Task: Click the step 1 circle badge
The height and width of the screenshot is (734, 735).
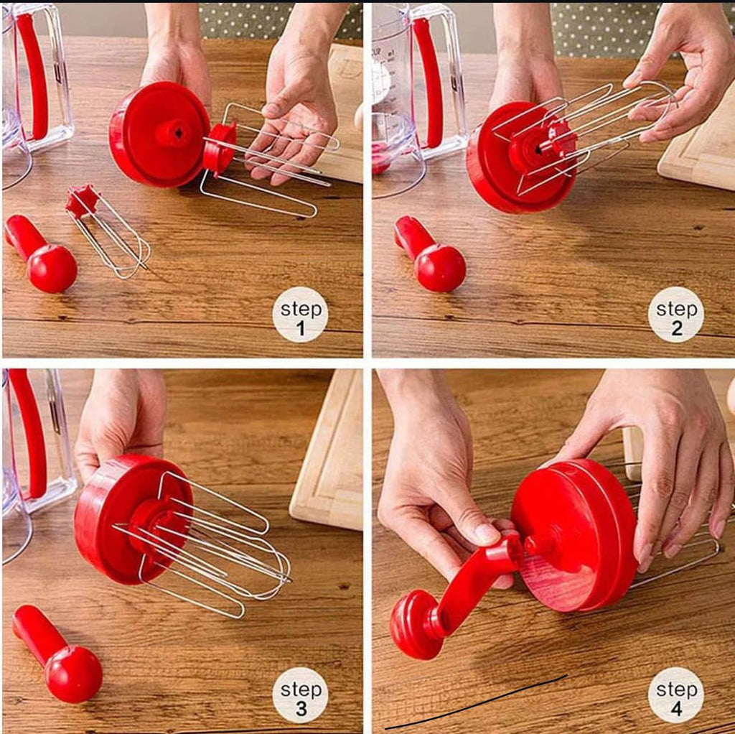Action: coord(300,315)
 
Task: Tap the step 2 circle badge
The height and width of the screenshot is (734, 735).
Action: coord(676,315)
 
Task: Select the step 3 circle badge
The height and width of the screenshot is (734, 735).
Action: coord(300,694)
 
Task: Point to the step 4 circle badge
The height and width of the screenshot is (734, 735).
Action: coord(676,694)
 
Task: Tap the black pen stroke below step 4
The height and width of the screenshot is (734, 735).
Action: coord(476,704)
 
